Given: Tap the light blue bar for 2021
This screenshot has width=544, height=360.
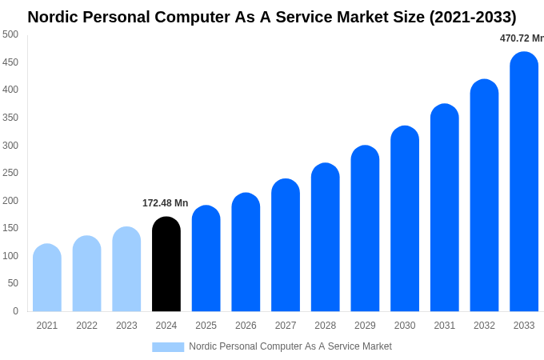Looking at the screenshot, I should (x=47, y=278).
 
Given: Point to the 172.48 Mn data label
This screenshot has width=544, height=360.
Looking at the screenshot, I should (x=165, y=203).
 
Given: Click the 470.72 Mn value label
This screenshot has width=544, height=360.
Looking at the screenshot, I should (x=522, y=38).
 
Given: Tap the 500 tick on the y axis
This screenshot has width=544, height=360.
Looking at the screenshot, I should (x=10, y=34).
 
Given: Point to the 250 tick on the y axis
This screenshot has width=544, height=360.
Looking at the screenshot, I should (x=10, y=173).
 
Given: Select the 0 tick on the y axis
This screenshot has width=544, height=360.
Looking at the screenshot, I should (x=15, y=311).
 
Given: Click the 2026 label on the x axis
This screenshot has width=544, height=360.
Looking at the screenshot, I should (x=246, y=326).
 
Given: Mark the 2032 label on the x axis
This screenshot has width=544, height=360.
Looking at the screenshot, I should (x=484, y=326).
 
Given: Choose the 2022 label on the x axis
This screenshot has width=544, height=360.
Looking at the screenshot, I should (x=86, y=326).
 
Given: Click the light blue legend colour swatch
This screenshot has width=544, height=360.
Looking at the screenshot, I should (x=168, y=347).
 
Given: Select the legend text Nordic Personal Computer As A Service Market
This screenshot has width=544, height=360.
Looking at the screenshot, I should (x=290, y=346).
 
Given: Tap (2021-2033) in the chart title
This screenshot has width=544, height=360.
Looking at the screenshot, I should (x=473, y=17).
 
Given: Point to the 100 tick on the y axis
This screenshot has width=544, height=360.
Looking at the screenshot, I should (x=10, y=256).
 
